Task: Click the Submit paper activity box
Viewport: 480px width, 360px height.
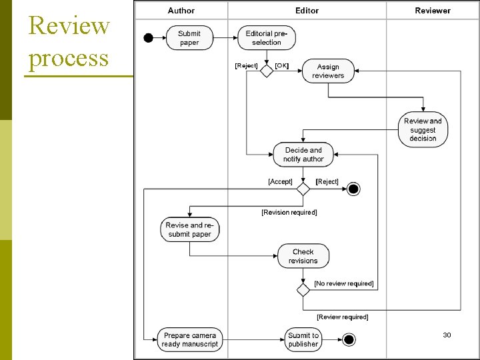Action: pos(189,38)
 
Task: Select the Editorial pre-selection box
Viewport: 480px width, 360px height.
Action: pos(267,38)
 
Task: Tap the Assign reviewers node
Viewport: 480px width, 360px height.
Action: pos(328,71)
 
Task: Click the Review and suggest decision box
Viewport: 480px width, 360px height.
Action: pos(423,129)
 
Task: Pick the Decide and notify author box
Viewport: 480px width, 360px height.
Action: pos(303,155)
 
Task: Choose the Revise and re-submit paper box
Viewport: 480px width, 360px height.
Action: pos(189,230)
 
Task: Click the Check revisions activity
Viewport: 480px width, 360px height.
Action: pos(303,256)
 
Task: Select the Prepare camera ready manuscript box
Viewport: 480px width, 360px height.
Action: pos(189,339)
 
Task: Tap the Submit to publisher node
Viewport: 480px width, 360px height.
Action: pos(303,339)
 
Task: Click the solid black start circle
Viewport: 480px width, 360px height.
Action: pos(149,38)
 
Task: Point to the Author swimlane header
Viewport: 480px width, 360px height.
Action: pos(181,10)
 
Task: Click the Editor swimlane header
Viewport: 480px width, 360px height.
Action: pos(307,10)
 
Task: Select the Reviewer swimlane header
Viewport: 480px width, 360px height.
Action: pos(432,10)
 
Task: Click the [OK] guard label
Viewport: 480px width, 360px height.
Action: pos(282,65)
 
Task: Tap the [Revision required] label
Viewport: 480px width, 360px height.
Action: pos(289,212)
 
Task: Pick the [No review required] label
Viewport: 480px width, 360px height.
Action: pos(344,283)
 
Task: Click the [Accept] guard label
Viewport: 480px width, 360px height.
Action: pos(280,181)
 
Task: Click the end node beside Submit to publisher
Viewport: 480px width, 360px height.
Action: pos(349,339)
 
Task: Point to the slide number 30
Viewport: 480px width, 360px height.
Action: pos(447,335)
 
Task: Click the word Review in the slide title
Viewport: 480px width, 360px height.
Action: pos(69,25)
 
